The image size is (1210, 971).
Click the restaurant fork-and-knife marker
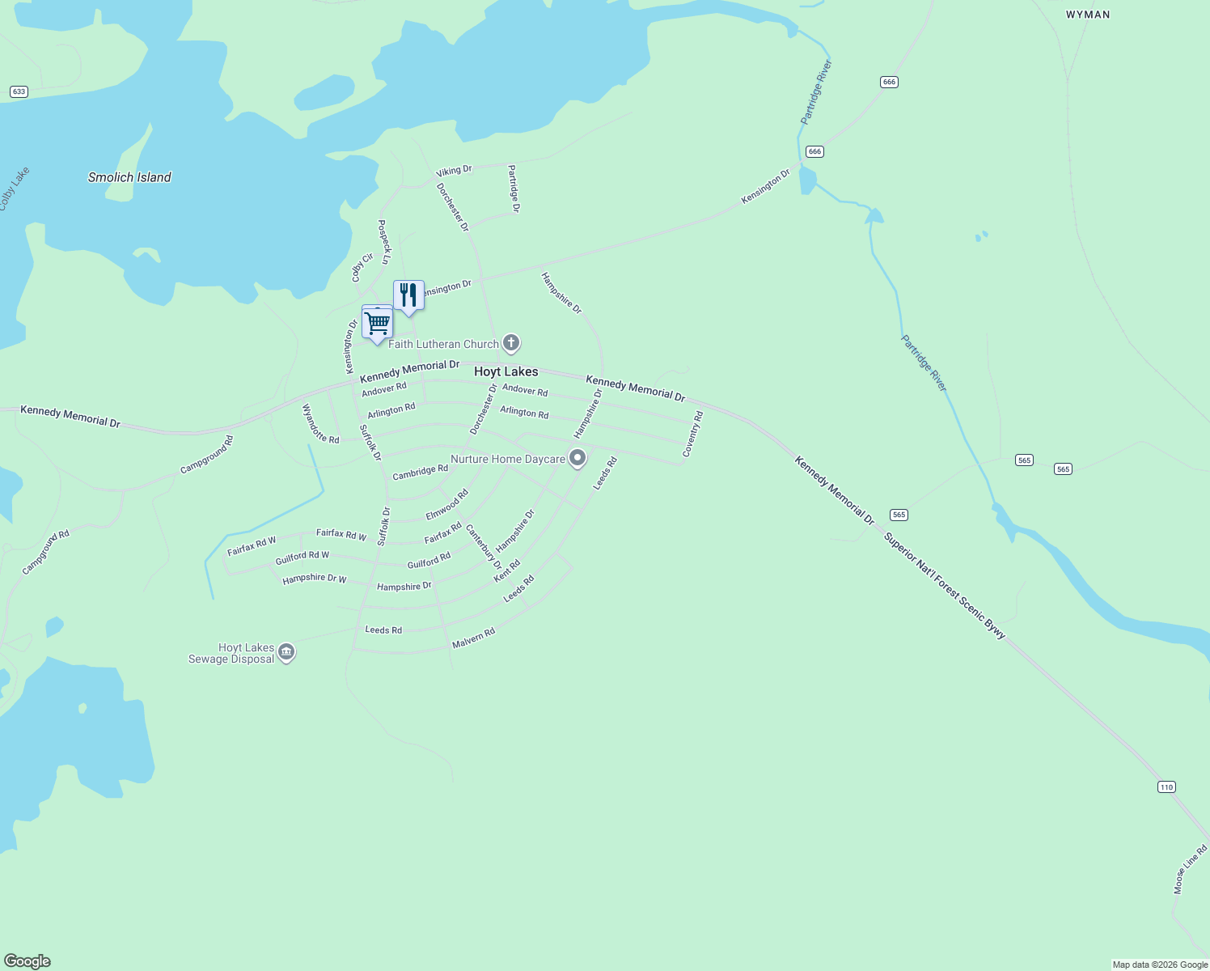pos(408,295)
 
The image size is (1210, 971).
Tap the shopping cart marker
pos(378,323)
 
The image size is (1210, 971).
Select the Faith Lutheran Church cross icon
pos(511,343)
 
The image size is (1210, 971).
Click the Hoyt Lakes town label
pos(506,371)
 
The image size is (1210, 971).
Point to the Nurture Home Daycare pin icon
pos(577,458)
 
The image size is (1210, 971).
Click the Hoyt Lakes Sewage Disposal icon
pos(286,652)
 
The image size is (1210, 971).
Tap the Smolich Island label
pos(129,177)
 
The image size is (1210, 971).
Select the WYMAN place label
pos(1088,15)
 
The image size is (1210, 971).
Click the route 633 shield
pos(19,91)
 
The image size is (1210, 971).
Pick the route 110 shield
pos(1166,787)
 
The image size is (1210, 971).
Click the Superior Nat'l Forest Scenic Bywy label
pos(945,586)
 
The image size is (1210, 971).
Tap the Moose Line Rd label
pos(1191,870)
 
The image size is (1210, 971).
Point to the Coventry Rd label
pos(693,435)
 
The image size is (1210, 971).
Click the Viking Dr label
pos(454,171)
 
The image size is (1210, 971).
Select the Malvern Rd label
pos(473,638)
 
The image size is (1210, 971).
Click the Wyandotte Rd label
pos(320,423)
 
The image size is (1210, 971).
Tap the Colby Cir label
pos(362,268)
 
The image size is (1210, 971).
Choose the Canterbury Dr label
pos(484,546)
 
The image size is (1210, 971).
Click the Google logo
pos(27,961)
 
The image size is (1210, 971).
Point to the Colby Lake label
pos(14,189)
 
